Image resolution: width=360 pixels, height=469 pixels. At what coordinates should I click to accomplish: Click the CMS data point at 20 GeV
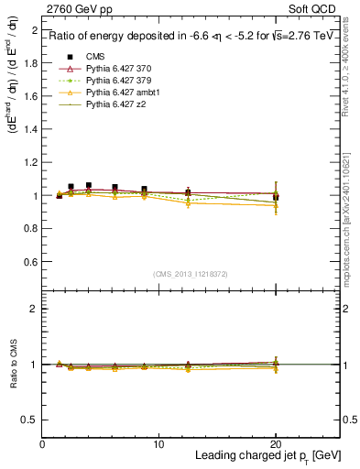coord(275,197)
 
